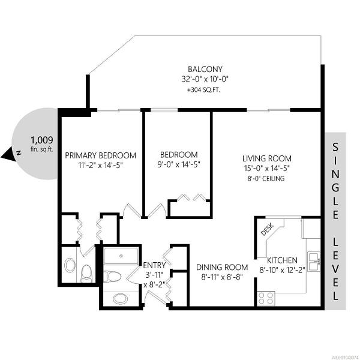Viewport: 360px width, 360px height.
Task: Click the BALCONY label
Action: point(205,69)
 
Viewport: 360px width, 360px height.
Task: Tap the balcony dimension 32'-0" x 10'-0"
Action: point(205,79)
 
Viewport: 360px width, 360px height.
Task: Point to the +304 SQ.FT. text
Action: point(203,90)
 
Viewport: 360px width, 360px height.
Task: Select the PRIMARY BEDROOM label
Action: point(101,155)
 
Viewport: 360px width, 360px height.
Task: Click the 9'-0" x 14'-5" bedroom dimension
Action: point(179,164)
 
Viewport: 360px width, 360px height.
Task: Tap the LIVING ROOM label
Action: point(267,158)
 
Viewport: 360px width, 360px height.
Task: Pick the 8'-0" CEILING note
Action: point(266,178)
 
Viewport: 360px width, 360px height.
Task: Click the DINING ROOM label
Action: point(222,267)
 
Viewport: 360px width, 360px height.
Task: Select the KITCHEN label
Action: point(282,260)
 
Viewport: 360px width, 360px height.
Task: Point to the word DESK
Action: point(268,229)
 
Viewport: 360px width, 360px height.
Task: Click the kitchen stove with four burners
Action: point(266,298)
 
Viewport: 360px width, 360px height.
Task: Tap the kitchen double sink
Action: point(314,262)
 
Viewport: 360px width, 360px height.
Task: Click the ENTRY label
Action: point(154,265)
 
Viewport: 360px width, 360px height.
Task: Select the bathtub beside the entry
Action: point(121,256)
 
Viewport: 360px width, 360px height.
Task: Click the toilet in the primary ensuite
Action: point(86,274)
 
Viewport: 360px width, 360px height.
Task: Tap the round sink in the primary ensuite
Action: point(70,265)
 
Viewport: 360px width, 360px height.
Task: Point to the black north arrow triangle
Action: point(8,154)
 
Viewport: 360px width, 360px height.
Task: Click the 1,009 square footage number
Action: point(42,140)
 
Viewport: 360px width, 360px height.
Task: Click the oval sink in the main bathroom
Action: point(121,299)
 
